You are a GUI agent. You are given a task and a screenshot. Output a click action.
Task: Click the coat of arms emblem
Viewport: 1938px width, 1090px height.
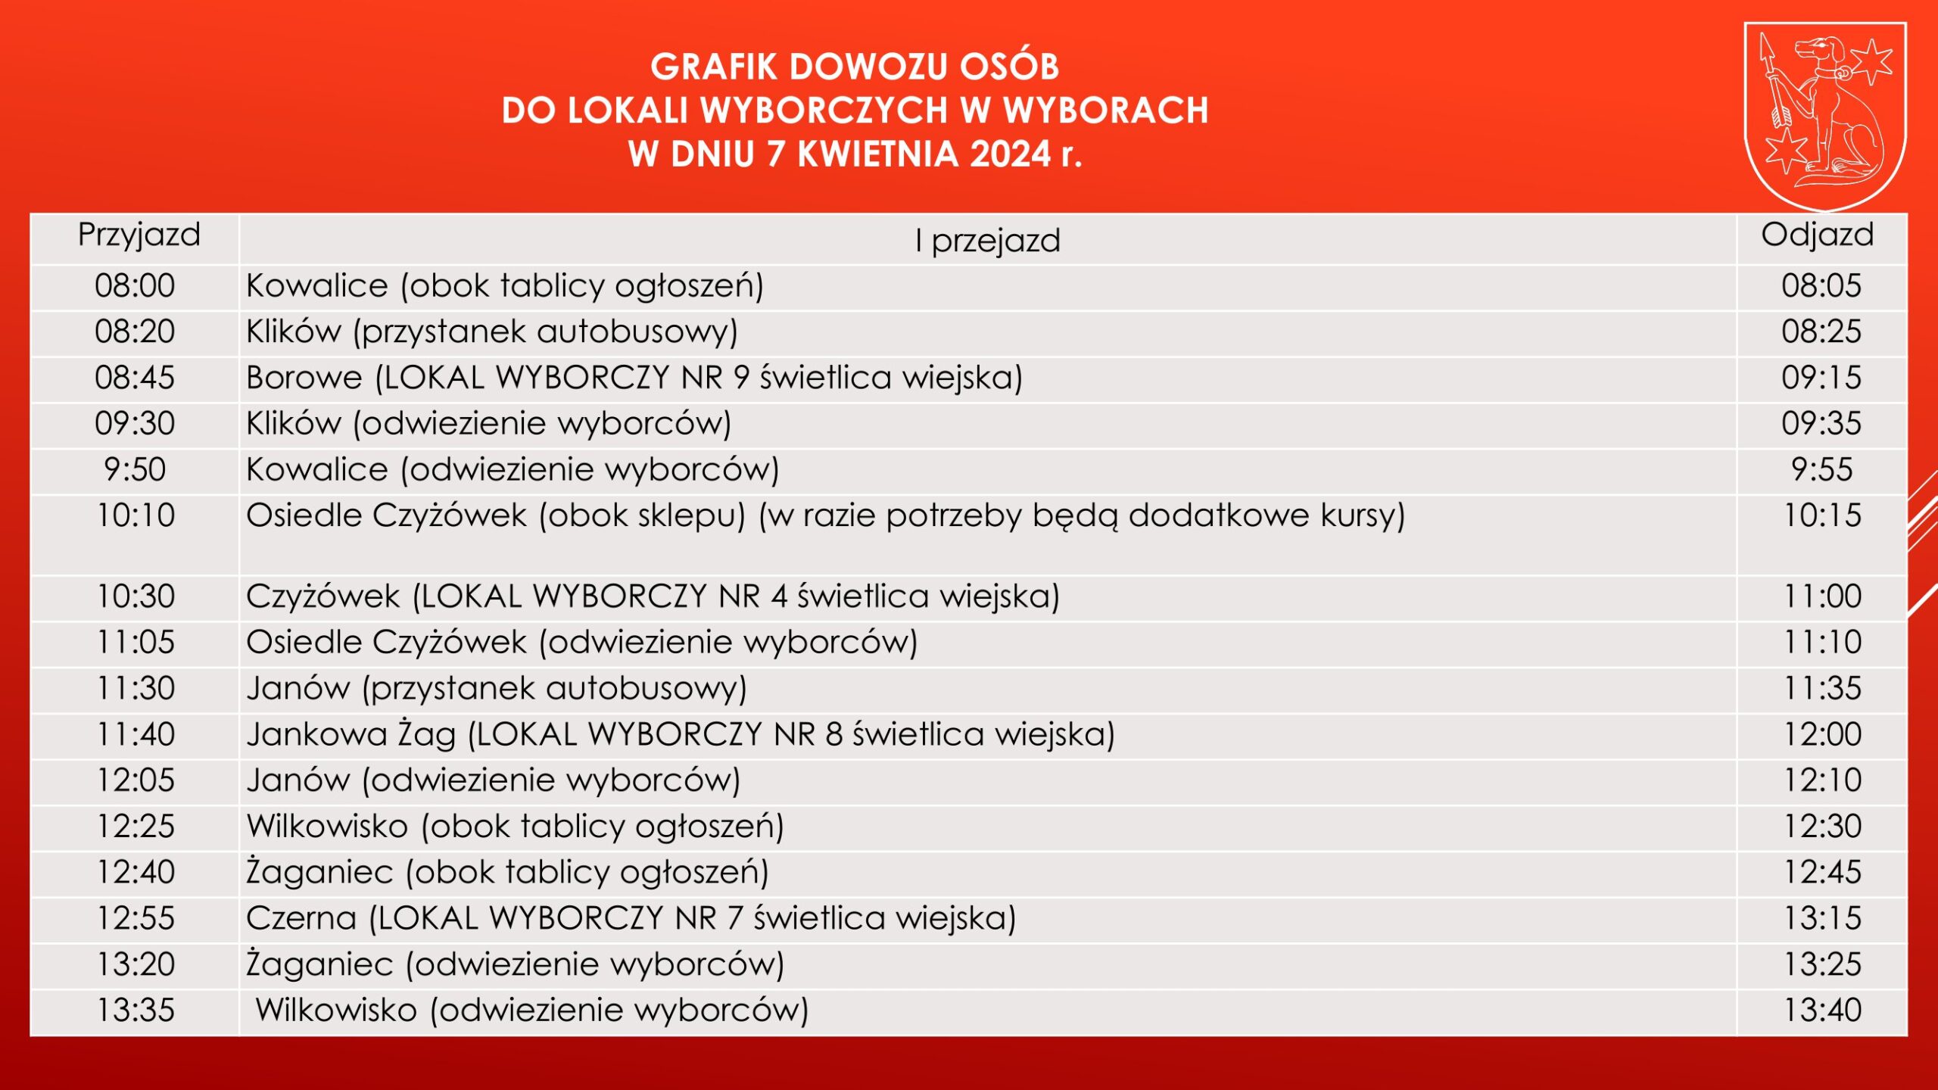click(1825, 116)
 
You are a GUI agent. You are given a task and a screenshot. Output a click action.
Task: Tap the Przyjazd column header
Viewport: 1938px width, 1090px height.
click(139, 235)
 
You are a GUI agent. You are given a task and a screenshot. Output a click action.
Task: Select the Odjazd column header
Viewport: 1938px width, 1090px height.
click(1818, 235)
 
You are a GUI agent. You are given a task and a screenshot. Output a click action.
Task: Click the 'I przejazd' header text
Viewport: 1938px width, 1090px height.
click(987, 241)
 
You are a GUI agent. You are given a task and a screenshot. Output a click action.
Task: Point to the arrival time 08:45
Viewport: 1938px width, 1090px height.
click(135, 378)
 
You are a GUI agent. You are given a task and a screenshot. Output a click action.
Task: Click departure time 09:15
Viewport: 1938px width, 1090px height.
click(1821, 378)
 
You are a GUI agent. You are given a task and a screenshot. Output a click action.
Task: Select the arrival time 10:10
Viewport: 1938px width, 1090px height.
click(136, 515)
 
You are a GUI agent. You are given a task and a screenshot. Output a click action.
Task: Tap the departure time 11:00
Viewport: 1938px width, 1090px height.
click(1823, 596)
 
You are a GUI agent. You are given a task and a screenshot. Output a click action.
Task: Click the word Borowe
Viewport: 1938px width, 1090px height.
click(304, 378)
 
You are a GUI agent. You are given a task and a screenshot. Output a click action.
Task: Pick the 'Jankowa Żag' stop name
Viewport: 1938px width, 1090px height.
click(351, 735)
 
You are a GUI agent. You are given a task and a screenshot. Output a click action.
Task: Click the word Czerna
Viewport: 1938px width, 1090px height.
click(301, 918)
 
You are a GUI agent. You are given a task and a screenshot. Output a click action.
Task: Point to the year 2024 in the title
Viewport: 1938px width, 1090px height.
click(1010, 154)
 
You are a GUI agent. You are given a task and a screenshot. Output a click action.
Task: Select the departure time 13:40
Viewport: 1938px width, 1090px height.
click(1823, 1011)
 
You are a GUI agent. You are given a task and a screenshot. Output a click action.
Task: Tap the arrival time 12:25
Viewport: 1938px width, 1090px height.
click(136, 827)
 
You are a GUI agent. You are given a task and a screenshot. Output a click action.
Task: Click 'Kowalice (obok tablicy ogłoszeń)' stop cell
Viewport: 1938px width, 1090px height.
click(505, 286)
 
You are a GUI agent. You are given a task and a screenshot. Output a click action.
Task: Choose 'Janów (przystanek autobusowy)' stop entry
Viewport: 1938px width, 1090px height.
click(497, 689)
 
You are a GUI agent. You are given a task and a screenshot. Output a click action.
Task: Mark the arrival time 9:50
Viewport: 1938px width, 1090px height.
click(135, 470)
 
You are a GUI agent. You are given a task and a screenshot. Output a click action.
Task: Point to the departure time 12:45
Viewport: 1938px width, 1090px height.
click(1823, 873)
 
